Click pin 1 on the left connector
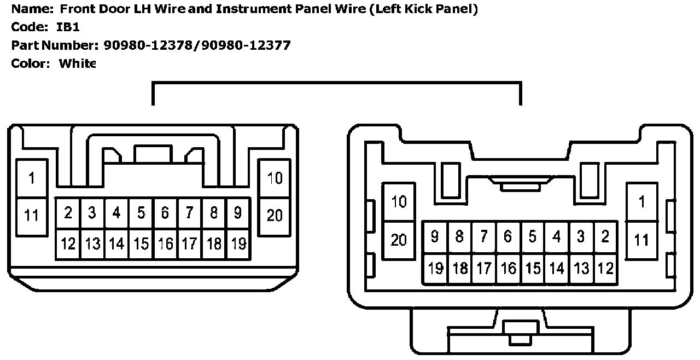(32, 178)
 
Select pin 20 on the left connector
(275, 215)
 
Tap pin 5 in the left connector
(141, 213)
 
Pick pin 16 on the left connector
(165, 243)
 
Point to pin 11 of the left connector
(32, 215)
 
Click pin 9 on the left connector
(237, 213)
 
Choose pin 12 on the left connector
(68, 243)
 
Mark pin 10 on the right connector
(399, 201)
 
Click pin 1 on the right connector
(641, 201)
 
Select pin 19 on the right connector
(435, 268)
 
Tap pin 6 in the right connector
(508, 237)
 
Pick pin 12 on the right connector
(605, 268)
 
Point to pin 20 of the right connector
(399, 239)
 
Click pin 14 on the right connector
(557, 268)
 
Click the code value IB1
(68, 27)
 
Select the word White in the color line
(77, 63)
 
